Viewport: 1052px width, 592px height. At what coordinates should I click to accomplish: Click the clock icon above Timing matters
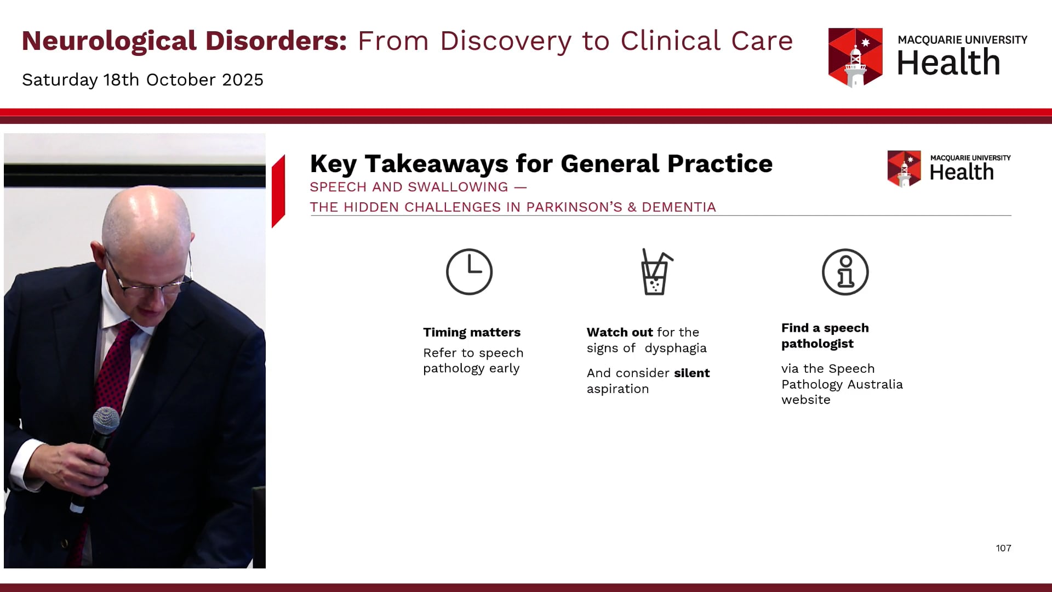[469, 272]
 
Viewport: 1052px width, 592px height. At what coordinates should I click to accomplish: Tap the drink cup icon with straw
[656, 272]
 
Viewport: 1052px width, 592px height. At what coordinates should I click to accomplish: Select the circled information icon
[845, 272]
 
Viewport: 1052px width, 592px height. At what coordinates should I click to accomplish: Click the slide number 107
[1003, 548]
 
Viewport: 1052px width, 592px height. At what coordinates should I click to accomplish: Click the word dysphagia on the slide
[676, 349]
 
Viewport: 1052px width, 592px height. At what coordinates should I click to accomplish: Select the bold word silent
[692, 373]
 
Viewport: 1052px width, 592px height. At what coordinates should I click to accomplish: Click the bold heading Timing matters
[472, 332]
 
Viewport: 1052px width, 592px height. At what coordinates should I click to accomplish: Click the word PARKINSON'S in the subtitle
[574, 207]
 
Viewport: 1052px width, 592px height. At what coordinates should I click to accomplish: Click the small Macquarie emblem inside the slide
[904, 168]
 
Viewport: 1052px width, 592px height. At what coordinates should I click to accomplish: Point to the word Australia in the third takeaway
[875, 384]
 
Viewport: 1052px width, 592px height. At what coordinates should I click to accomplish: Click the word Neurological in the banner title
[110, 41]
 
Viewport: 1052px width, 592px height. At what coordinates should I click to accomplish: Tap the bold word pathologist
[817, 344]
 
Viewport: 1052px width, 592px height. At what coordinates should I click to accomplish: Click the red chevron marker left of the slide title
[278, 191]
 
